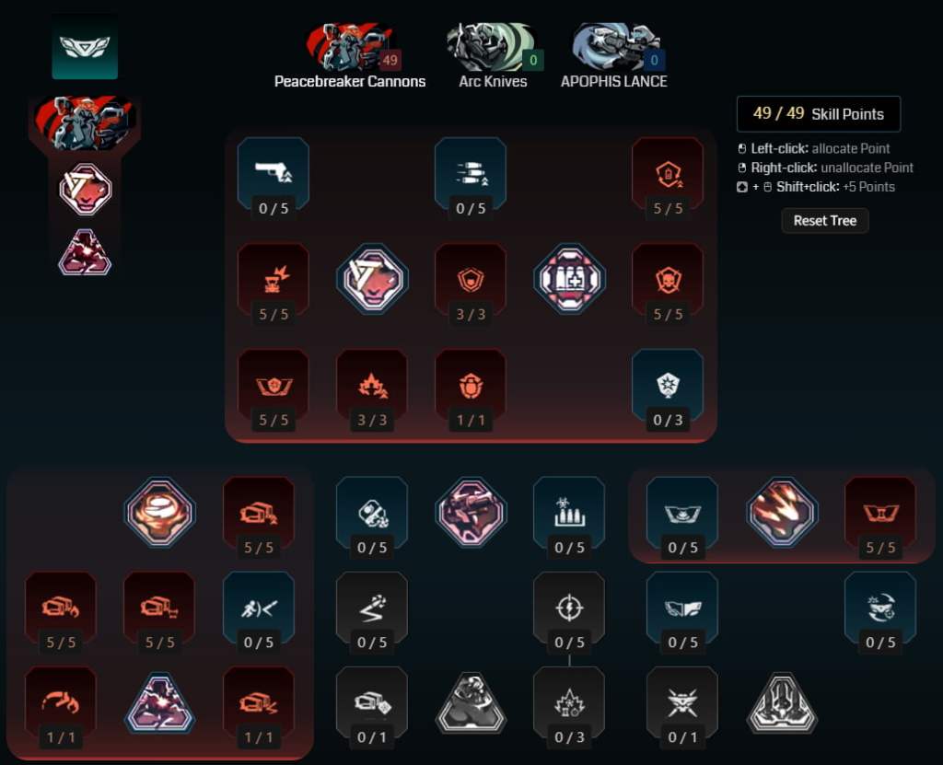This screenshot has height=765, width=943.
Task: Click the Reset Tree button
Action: pos(824,221)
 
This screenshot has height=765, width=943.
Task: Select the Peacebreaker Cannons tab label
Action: pos(350,82)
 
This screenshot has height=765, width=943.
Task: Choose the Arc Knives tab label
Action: pos(494,82)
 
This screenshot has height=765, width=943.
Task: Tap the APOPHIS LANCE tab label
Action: pos(614,82)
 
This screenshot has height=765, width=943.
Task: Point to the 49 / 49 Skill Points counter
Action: pos(819,113)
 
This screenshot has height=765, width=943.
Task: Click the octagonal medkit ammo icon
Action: pos(569,279)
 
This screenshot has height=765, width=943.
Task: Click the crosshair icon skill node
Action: pos(569,608)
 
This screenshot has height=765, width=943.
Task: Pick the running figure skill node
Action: pos(259,608)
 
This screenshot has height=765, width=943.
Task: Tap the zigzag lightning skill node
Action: pos(372,608)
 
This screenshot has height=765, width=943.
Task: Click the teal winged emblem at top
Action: pos(85,47)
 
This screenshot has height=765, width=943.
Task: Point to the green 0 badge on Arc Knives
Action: pos(533,60)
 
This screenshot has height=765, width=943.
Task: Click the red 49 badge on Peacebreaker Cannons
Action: pos(390,60)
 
